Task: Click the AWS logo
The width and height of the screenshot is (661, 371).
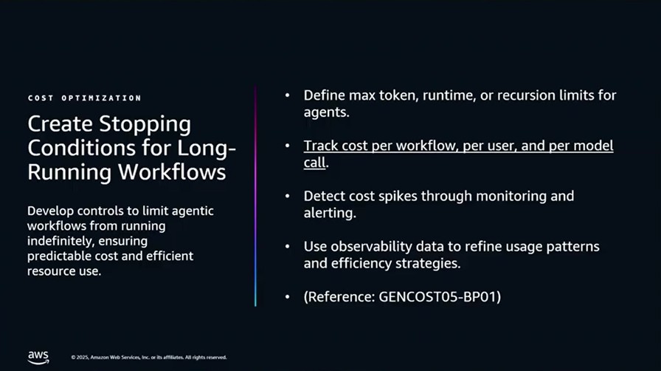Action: point(38,358)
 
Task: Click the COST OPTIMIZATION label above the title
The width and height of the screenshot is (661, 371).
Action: point(85,98)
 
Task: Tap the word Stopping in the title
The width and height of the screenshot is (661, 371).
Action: point(145,125)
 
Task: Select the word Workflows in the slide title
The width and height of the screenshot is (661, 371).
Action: point(172,172)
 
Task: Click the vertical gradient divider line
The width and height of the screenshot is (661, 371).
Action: point(255,196)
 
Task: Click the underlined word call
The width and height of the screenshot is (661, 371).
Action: point(314,163)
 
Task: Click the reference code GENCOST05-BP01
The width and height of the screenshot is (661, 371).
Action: point(437,296)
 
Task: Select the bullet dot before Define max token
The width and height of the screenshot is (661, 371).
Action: point(288,95)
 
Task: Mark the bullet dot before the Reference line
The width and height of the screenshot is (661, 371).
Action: point(288,297)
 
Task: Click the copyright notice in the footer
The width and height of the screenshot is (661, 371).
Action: point(149,358)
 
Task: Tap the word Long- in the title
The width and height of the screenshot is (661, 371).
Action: point(206,149)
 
